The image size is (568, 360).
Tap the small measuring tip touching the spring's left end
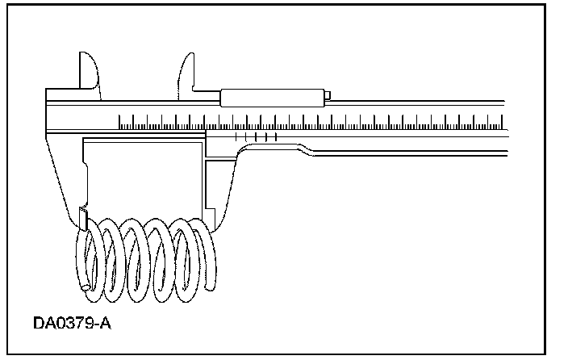(83, 216)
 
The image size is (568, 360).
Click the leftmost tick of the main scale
(119, 123)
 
